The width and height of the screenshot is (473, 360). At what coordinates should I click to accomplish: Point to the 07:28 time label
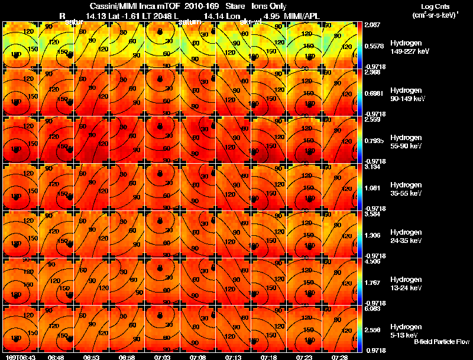[339, 357]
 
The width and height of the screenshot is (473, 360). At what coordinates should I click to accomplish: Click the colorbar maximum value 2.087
[373, 24]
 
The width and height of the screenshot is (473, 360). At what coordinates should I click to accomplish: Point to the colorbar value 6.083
[373, 308]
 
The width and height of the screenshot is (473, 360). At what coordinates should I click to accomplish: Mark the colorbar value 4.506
[373, 261]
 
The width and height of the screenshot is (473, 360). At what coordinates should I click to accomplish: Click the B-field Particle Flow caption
[441, 342]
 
